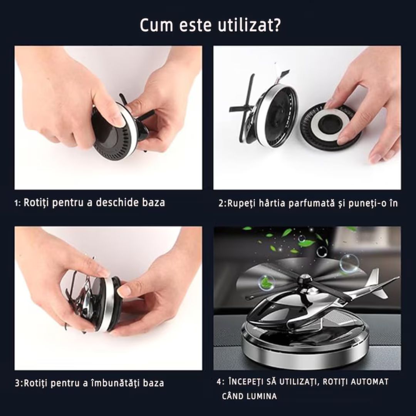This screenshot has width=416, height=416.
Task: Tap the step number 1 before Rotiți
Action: click(17, 203)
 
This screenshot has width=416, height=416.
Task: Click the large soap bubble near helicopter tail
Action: click(349, 263)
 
